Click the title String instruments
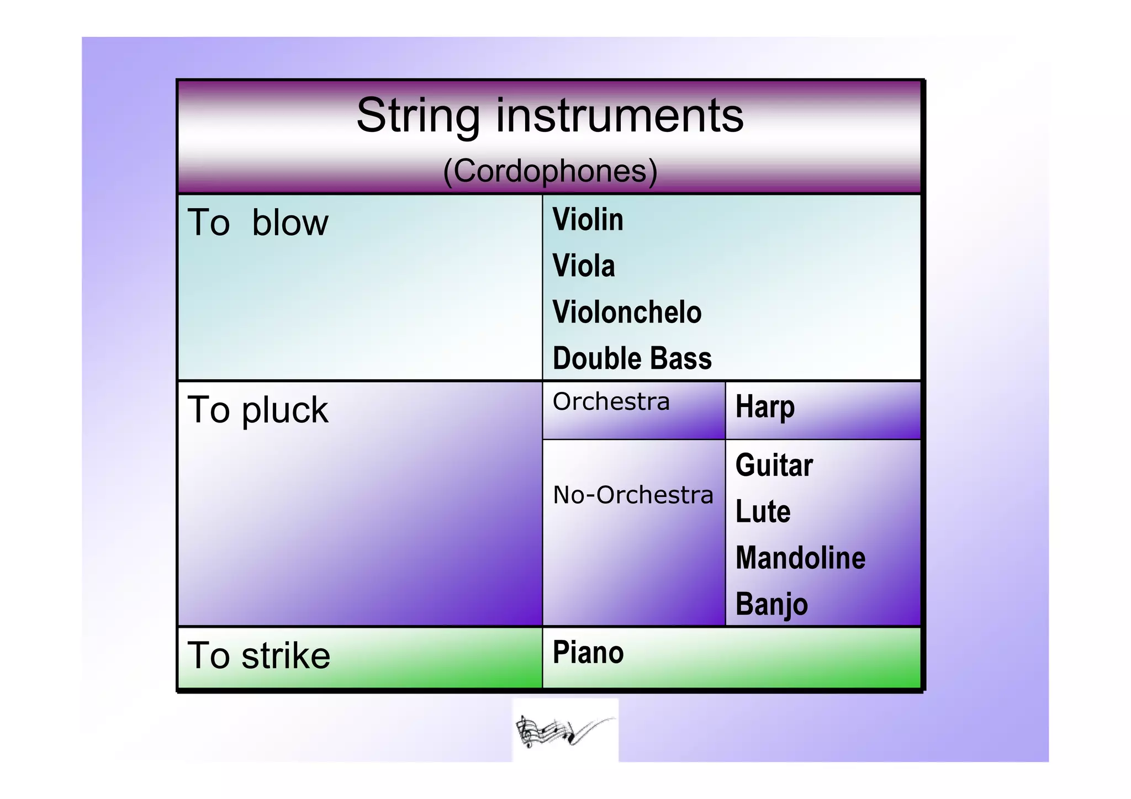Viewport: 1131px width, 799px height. [549, 116]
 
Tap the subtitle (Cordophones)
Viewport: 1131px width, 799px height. [550, 171]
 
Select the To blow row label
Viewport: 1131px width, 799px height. [257, 223]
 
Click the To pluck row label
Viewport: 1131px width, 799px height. [257, 410]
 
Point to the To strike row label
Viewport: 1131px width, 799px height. [258, 656]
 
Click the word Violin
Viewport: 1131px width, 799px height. [588, 220]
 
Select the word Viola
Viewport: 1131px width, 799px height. [583, 266]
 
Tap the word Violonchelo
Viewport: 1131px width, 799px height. [627, 313]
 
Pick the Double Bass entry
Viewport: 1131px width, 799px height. [632, 359]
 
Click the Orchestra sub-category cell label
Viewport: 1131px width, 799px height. [611, 402]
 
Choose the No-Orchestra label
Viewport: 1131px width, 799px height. [633, 495]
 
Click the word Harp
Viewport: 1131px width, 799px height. [765, 408]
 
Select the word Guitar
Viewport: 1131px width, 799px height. [774, 465]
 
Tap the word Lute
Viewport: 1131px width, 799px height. [763, 512]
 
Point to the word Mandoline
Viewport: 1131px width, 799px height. [800, 558]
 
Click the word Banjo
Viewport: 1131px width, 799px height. [771, 605]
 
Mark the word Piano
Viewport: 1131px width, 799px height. [588, 653]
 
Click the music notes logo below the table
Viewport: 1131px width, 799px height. [564, 731]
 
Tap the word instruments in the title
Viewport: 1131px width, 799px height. [620, 116]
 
